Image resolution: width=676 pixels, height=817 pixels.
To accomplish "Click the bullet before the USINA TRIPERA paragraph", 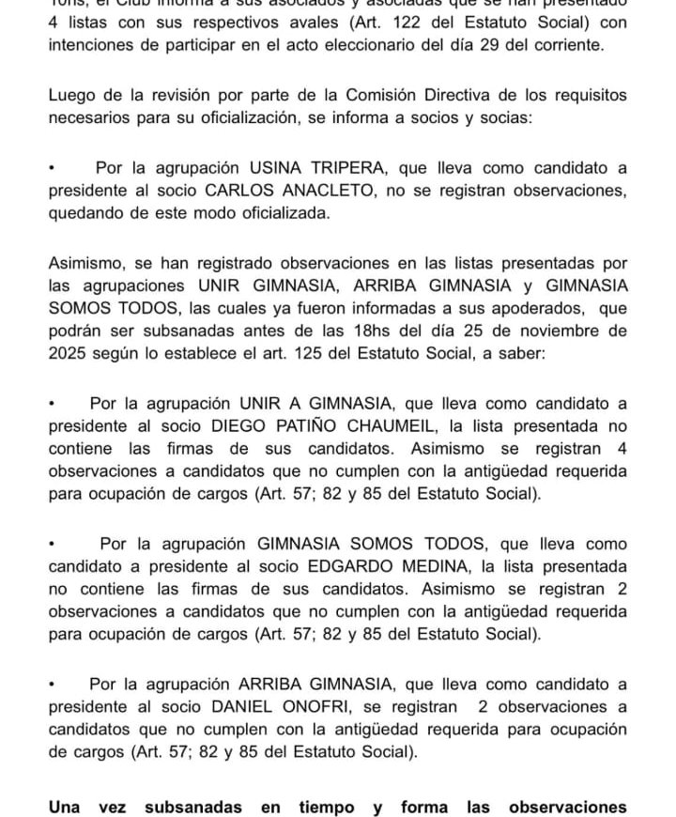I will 53,168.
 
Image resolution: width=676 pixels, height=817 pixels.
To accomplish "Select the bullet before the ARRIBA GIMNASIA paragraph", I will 53,685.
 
